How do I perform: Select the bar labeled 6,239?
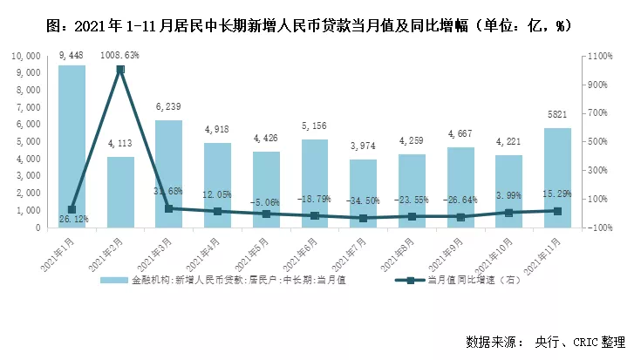click(x=168, y=174)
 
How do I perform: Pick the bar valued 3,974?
click(x=363, y=194)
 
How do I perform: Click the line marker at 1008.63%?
click(x=120, y=69)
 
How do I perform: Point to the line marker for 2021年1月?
click(x=72, y=210)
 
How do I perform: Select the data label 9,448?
click(x=72, y=57)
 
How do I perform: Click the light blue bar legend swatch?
click(x=113, y=281)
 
